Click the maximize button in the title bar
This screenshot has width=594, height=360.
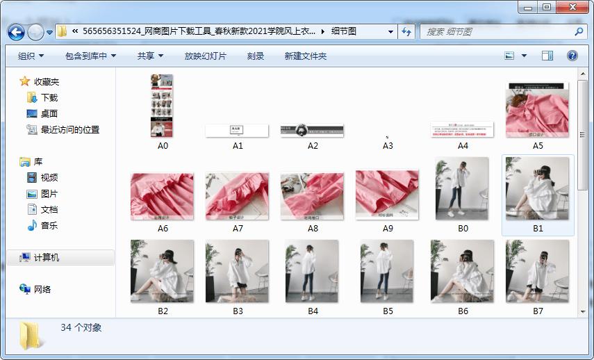(x=547, y=7)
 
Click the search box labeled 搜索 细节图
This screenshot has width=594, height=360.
(x=497, y=32)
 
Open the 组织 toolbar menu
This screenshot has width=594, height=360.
(x=31, y=56)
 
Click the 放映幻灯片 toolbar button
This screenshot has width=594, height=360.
(x=205, y=56)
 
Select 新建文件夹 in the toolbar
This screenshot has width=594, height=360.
(x=305, y=56)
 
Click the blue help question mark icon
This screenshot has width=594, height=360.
(x=572, y=56)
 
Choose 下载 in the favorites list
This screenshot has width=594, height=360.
(x=49, y=98)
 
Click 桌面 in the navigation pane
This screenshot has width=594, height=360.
(x=49, y=114)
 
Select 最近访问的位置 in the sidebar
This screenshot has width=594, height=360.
(x=69, y=130)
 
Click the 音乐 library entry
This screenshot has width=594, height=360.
(x=49, y=225)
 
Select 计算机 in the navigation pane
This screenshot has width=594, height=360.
(x=47, y=258)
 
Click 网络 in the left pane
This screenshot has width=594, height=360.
(x=42, y=289)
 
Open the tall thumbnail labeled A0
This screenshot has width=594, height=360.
(x=162, y=106)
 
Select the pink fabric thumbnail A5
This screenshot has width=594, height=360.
(x=537, y=110)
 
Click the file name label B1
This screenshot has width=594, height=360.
(x=538, y=228)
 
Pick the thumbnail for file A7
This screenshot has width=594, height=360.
(x=237, y=196)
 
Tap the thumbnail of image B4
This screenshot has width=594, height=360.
(x=312, y=272)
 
